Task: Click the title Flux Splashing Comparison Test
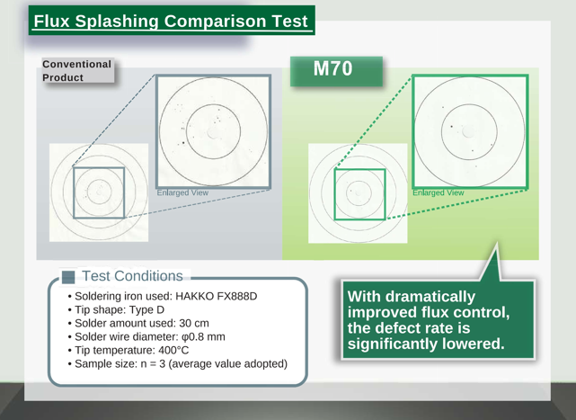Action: pyautogui.click(x=171, y=21)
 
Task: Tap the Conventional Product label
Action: pyautogui.click(x=76, y=71)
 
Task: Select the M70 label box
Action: pyautogui.click(x=336, y=71)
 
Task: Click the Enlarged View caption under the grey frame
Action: pyautogui.click(x=182, y=192)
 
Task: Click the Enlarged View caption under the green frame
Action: pyautogui.click(x=439, y=192)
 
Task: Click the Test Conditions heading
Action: pyautogui.click(x=132, y=276)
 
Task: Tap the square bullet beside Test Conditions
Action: pyautogui.click(x=68, y=277)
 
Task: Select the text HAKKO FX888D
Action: pyautogui.click(x=217, y=296)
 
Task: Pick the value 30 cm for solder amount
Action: pyautogui.click(x=194, y=323)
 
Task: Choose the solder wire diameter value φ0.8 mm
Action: pyautogui.click(x=203, y=337)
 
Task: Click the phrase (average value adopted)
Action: pyautogui.click(x=227, y=363)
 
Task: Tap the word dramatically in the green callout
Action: pyautogui.click(x=430, y=297)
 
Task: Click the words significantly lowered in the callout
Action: pyautogui.click(x=426, y=344)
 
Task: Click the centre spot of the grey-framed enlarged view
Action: pyautogui.click(x=212, y=133)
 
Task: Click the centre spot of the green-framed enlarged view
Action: pyautogui.click(x=468, y=131)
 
